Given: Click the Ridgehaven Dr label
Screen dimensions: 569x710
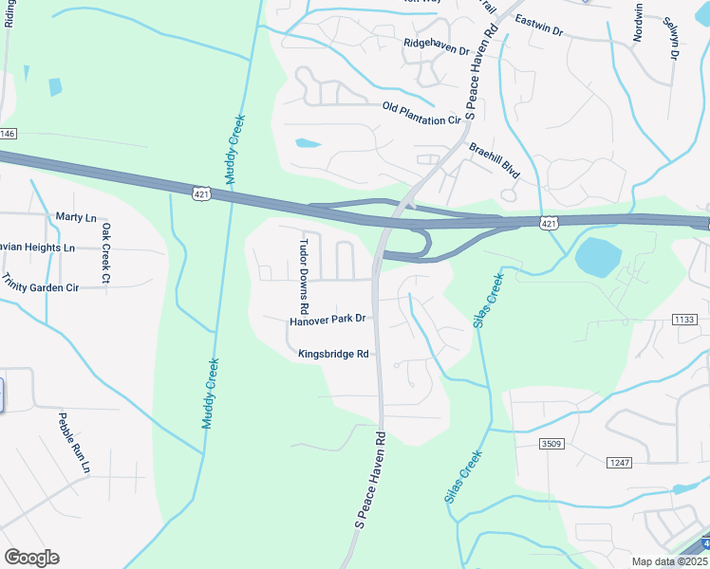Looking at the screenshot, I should coord(437,44).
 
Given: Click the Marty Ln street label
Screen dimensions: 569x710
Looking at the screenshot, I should coord(76,217).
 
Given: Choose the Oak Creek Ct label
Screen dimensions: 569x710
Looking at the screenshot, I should coord(106,252).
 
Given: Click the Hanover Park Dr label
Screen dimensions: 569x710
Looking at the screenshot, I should coord(327,321).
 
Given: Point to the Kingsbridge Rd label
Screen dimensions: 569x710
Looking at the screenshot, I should coord(333,354).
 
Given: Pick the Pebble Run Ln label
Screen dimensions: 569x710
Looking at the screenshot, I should coord(73,443).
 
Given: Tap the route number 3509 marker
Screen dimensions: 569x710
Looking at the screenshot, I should coord(551,444).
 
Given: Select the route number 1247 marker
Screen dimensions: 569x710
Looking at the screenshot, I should coord(619,462).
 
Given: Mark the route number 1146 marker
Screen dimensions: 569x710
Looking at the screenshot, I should coord(8,134).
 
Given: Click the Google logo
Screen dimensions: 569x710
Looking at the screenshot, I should coord(31,557).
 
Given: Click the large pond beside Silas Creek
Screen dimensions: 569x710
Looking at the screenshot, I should coord(598,254).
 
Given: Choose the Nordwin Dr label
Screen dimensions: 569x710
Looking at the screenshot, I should coord(638,24).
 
